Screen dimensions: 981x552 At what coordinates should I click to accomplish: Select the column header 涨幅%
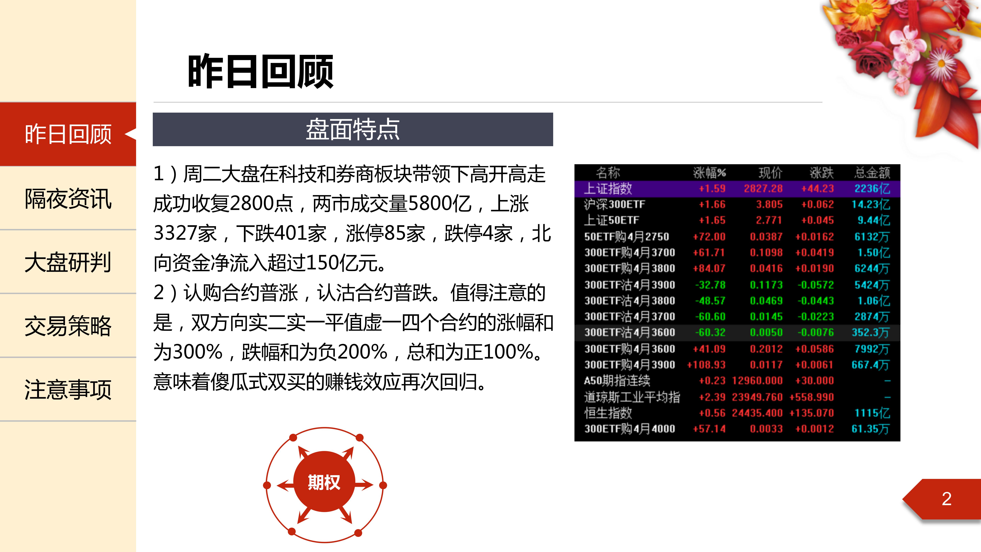click(x=709, y=173)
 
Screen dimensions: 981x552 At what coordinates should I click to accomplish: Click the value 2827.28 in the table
click(x=763, y=189)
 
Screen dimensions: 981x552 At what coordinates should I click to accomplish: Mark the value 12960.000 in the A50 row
click(x=757, y=381)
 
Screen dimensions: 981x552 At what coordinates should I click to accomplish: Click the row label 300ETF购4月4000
click(x=629, y=429)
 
